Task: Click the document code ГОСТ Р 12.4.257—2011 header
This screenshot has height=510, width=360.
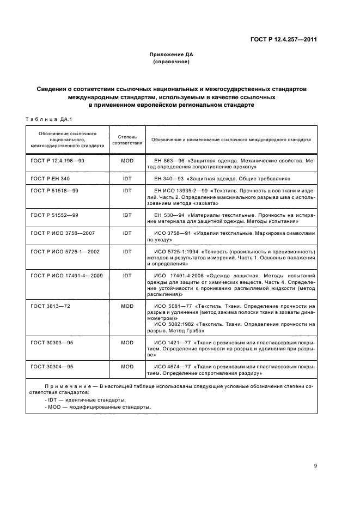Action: tap(284, 39)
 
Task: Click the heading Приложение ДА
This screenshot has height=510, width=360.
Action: tap(172, 54)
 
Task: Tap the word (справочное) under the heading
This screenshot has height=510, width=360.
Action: tap(172, 62)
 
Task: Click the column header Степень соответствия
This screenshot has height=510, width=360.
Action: tap(127, 139)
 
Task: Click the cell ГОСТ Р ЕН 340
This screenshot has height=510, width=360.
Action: tap(50, 178)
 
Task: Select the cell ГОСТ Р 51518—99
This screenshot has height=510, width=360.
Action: tap(54, 191)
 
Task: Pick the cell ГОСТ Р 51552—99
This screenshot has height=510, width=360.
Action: tap(54, 215)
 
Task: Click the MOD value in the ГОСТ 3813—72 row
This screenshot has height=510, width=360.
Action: tap(127, 306)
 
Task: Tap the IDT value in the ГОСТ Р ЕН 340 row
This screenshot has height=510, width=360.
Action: tap(127, 178)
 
